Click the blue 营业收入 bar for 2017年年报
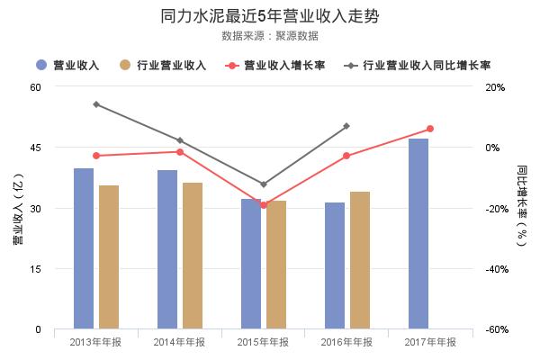pyautogui.click(x=418, y=234)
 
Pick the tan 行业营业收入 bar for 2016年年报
pyautogui.click(x=360, y=261)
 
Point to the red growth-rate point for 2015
pyautogui.click(x=264, y=205)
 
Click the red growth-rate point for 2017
pyautogui.click(x=430, y=129)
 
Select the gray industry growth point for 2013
pyautogui.click(x=96, y=104)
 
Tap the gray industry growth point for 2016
pyautogui.click(x=346, y=126)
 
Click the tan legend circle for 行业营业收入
pyautogui.click(x=126, y=65)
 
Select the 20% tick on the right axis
pyautogui.click(x=495, y=87)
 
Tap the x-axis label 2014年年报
pyautogui.click(x=180, y=342)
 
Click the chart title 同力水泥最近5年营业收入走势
pyautogui.click(x=269, y=16)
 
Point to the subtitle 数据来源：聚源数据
pyautogui.click(x=269, y=36)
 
